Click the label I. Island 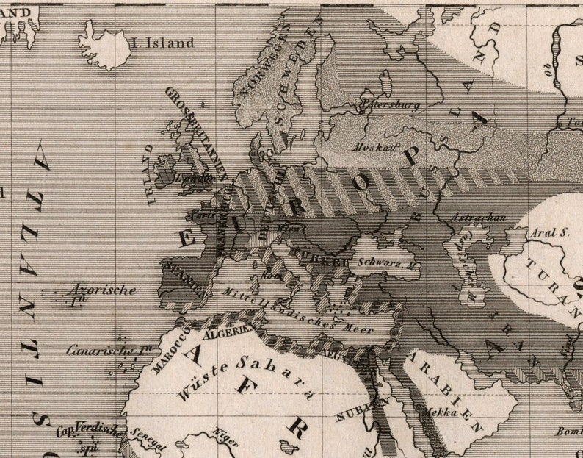pyautogui.click(x=162, y=43)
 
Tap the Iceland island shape pyautogui.click(x=104, y=46)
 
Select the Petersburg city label pyautogui.click(x=391, y=105)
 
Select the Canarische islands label pyautogui.click(x=104, y=350)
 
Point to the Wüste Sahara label pyautogui.click(x=239, y=379)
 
